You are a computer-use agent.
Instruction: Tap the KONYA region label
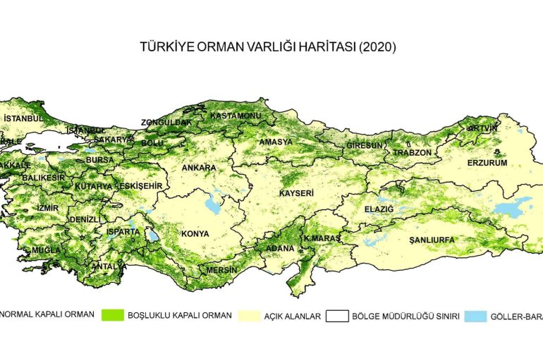coord(195,233)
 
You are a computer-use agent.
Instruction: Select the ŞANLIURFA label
coord(432,240)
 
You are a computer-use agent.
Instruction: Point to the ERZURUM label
coord(487,163)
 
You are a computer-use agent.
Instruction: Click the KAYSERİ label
coord(296,192)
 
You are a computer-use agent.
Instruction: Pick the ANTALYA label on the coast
coord(109,266)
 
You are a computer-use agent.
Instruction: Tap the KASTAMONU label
coord(236,115)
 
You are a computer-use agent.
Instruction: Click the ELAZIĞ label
coord(379,209)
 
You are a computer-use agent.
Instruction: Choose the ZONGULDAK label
coord(166,122)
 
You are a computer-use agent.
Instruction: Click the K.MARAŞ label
coord(322,239)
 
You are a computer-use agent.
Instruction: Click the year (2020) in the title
coord(377,48)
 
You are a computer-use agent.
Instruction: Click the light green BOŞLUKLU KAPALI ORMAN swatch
coord(113,315)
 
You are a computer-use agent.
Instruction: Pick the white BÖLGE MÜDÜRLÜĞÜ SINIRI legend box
coord(338,315)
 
